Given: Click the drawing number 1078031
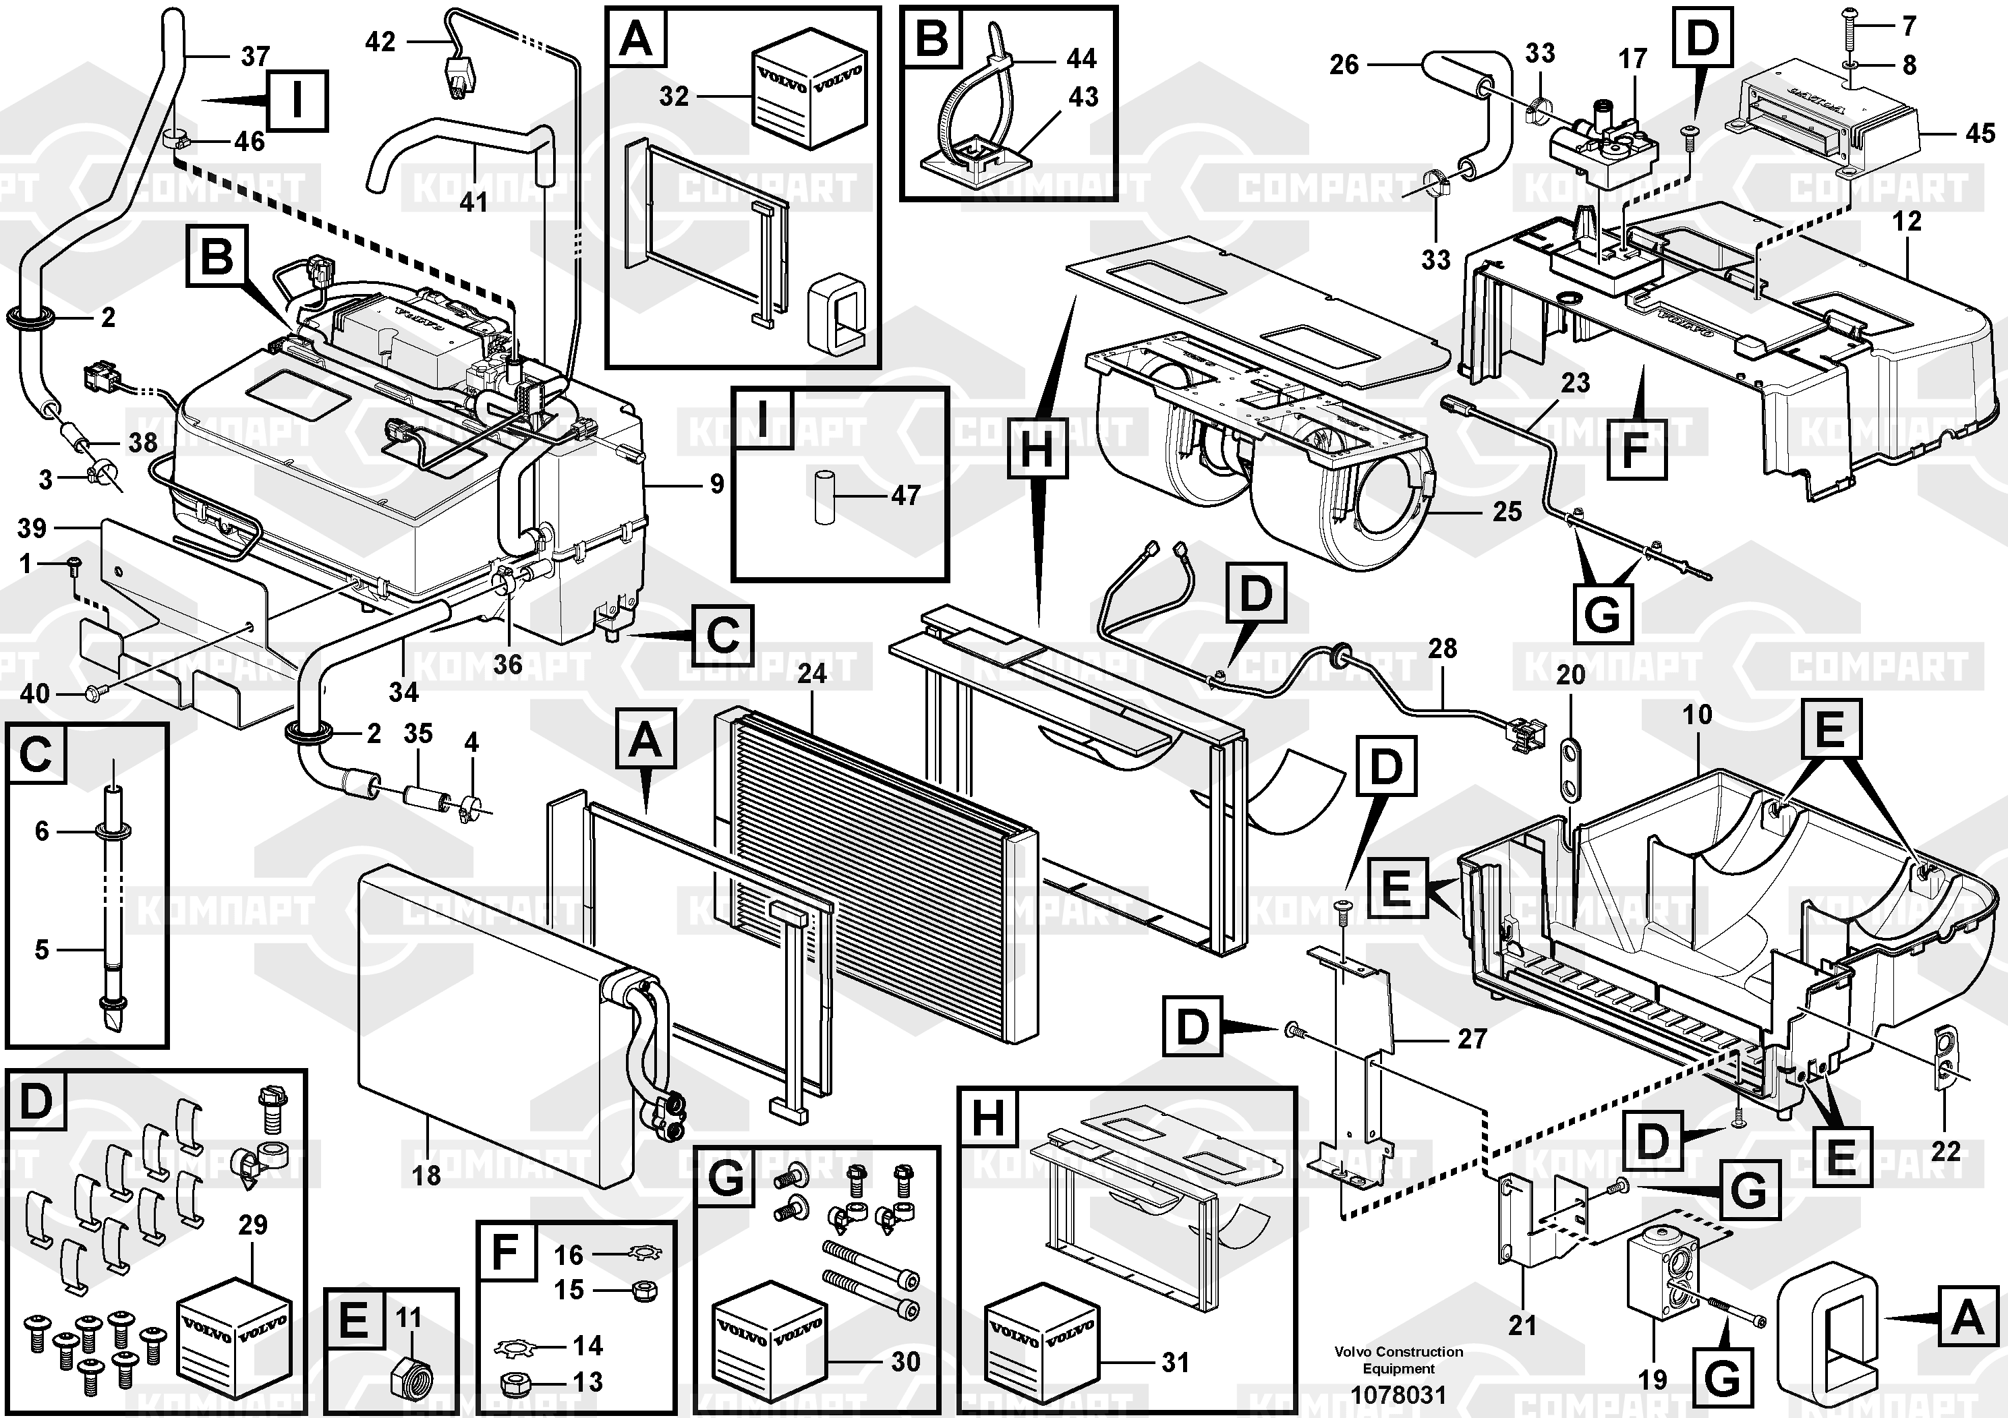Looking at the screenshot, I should (1398, 1394).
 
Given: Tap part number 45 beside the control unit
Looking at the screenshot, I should (1981, 133).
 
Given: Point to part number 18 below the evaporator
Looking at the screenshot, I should (427, 1175).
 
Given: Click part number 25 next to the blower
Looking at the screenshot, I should (1507, 511).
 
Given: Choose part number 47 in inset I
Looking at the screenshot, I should (905, 496).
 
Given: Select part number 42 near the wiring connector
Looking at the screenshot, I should (380, 41).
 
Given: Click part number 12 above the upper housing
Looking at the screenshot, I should (1907, 221).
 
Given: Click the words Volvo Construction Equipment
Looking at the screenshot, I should (1398, 1359).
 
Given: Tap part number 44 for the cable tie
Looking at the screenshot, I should (1082, 59).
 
